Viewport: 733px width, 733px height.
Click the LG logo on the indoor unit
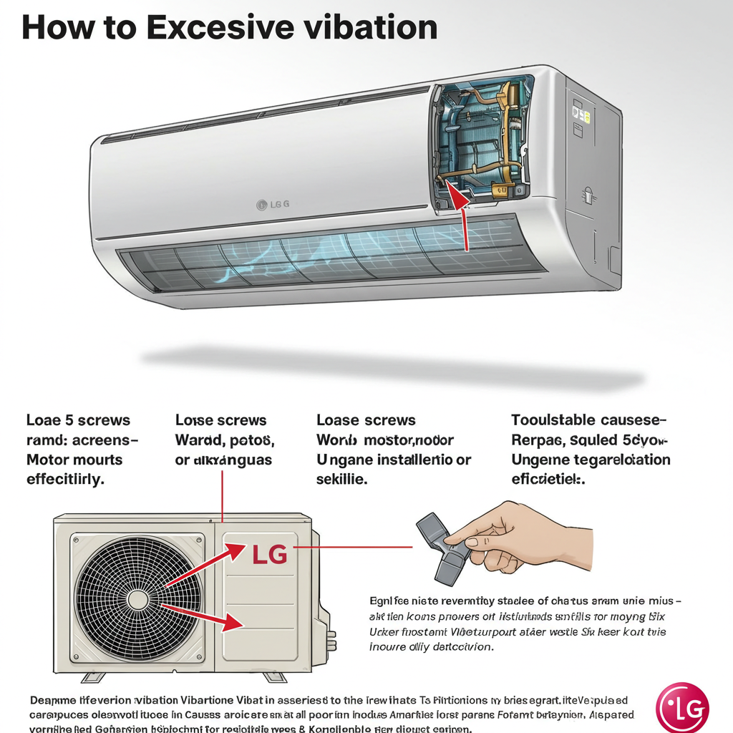(273, 205)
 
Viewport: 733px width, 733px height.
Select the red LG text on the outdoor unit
(270, 553)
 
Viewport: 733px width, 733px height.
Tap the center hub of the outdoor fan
(137, 599)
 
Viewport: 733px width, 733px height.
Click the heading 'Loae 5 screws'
(78, 420)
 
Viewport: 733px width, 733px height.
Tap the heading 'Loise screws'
(220, 420)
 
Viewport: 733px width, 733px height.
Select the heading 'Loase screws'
(366, 420)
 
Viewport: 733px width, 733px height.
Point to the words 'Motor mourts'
(74, 460)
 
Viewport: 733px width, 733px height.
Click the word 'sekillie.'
(341, 480)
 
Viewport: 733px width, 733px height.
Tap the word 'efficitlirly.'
(65, 480)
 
